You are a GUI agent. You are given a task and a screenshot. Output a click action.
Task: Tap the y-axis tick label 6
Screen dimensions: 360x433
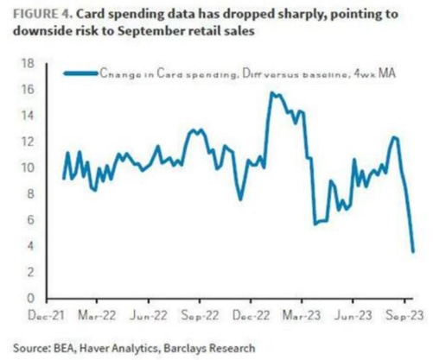[x=30, y=220]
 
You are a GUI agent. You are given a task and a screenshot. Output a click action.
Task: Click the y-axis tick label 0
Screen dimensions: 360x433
[x=30, y=299]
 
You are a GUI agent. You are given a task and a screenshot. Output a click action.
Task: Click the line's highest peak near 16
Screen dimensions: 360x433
[x=273, y=93]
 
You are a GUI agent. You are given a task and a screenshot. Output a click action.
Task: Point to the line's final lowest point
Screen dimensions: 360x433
[x=413, y=251]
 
